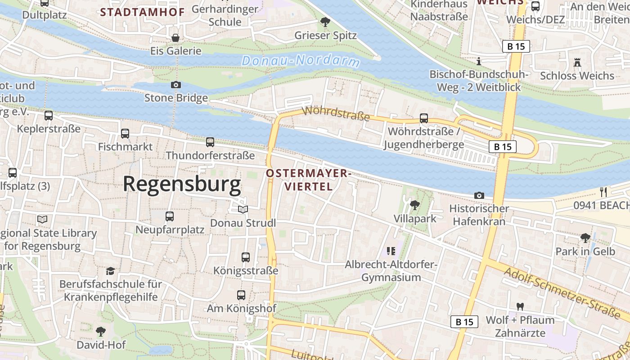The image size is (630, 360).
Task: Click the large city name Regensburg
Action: [x=182, y=184]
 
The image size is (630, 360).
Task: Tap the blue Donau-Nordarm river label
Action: [x=301, y=60]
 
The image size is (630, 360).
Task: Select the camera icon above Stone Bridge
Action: [x=176, y=85]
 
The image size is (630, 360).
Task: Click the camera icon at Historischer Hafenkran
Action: [x=479, y=195]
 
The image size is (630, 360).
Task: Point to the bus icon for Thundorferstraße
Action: [x=210, y=142]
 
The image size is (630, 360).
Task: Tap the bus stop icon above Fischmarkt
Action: [x=125, y=134]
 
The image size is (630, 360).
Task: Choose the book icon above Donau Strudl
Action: [x=243, y=210]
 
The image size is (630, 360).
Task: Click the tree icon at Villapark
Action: [x=415, y=205]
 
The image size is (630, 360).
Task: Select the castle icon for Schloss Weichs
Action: [x=577, y=63]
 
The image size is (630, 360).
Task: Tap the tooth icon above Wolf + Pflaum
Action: [x=520, y=306]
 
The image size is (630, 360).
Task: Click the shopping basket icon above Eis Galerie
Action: [x=175, y=37]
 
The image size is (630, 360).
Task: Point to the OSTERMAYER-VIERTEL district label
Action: [x=308, y=180]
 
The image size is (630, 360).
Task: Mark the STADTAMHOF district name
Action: [x=143, y=12]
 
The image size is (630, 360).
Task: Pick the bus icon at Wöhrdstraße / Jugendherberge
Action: [x=424, y=118]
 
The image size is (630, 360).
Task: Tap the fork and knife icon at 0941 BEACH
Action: [x=603, y=192]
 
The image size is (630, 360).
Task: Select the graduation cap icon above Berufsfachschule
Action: [x=110, y=271]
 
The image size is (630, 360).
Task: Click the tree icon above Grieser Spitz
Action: [x=325, y=22]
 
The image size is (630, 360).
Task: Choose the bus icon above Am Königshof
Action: [x=241, y=295]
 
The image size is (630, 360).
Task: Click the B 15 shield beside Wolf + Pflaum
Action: [x=464, y=322]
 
